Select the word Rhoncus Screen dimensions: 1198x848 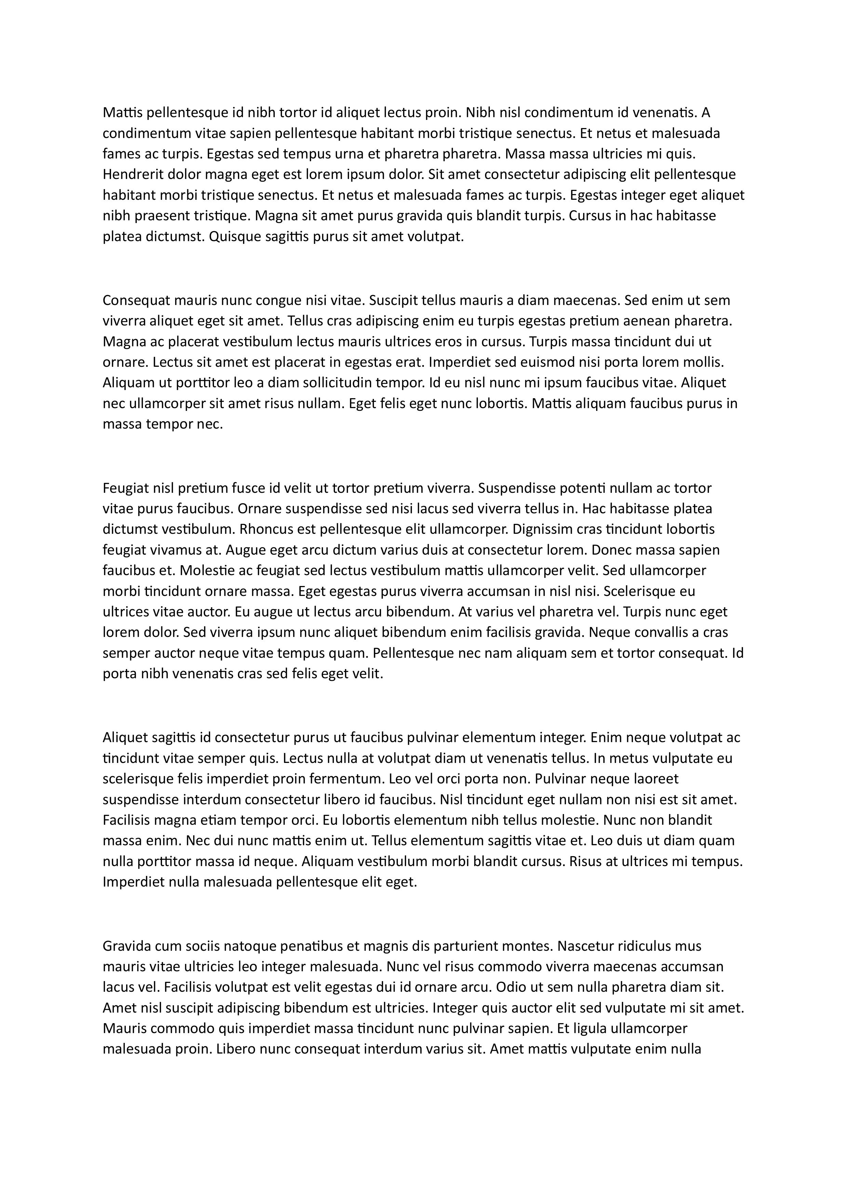[264, 530]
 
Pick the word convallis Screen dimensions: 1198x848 [650, 632]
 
